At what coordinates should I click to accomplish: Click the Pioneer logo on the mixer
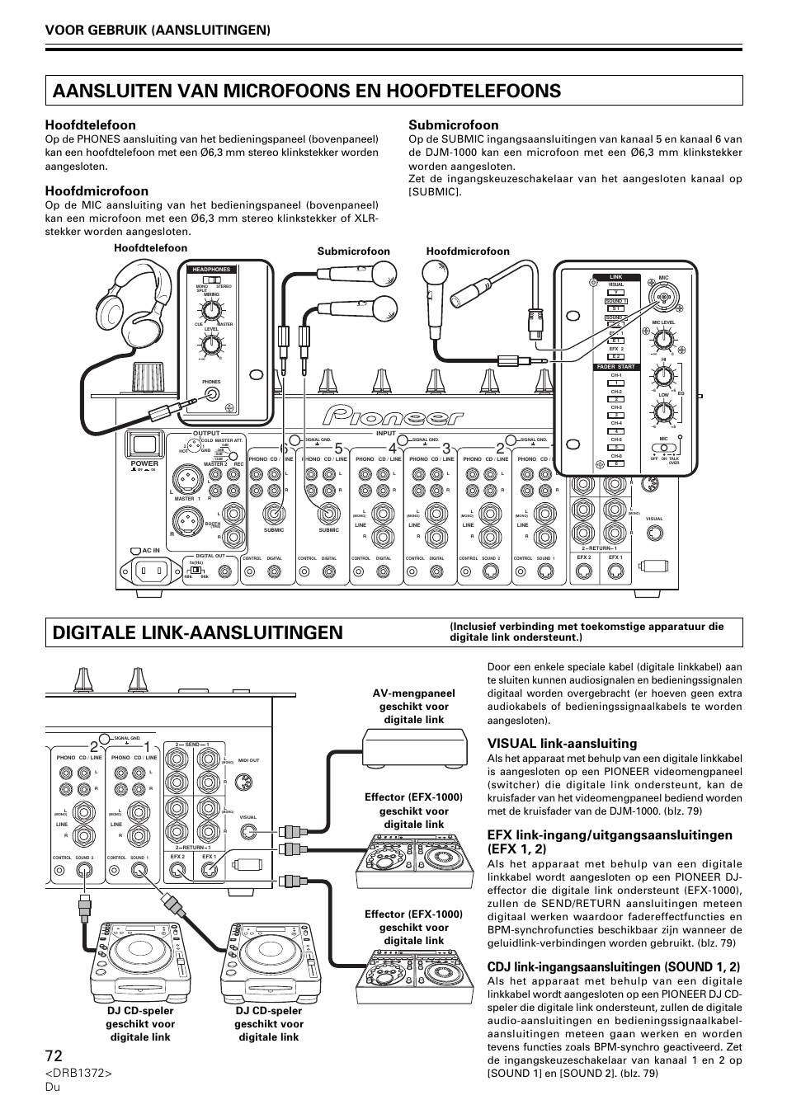pyautogui.click(x=393, y=416)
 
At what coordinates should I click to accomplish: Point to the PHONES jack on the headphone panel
pyautogui.click(x=213, y=394)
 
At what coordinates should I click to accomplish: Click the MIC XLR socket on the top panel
pyautogui.click(x=663, y=296)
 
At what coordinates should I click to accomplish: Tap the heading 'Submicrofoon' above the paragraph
pyautogui.click(x=453, y=125)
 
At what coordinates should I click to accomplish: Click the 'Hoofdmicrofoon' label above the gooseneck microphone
pyautogui.click(x=468, y=251)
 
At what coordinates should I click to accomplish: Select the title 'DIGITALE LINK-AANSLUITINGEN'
pyautogui.click(x=196, y=632)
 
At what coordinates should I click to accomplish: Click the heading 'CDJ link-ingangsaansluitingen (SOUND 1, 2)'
pyautogui.click(x=613, y=966)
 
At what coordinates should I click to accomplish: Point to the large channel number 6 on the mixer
pyautogui.click(x=284, y=448)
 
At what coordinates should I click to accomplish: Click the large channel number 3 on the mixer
pyautogui.click(x=446, y=448)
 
